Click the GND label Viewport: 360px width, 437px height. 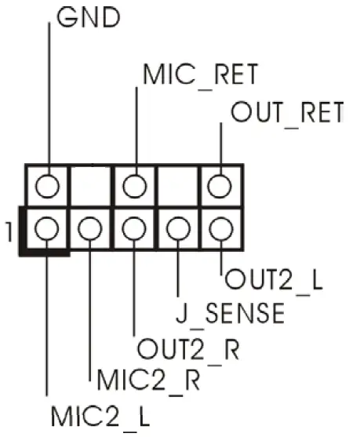pos(89,18)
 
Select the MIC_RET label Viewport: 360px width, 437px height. pos(200,74)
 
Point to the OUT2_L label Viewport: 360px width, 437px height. pos(274,279)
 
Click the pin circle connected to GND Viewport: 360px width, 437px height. pos(49,187)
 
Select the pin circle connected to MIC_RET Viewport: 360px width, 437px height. pos(136,187)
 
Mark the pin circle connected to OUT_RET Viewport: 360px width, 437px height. pos(220,187)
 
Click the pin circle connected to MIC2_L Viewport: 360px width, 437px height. pos(49,230)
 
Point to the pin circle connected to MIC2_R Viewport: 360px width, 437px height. pos(92,230)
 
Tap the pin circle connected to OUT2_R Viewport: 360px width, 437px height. pos(136,230)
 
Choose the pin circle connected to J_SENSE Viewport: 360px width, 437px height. pos(179,230)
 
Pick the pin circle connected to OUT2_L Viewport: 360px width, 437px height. pos(220,230)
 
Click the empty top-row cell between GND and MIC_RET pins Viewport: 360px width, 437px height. pos(92,187)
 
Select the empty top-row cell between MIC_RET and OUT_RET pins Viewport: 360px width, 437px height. pos(179,187)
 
